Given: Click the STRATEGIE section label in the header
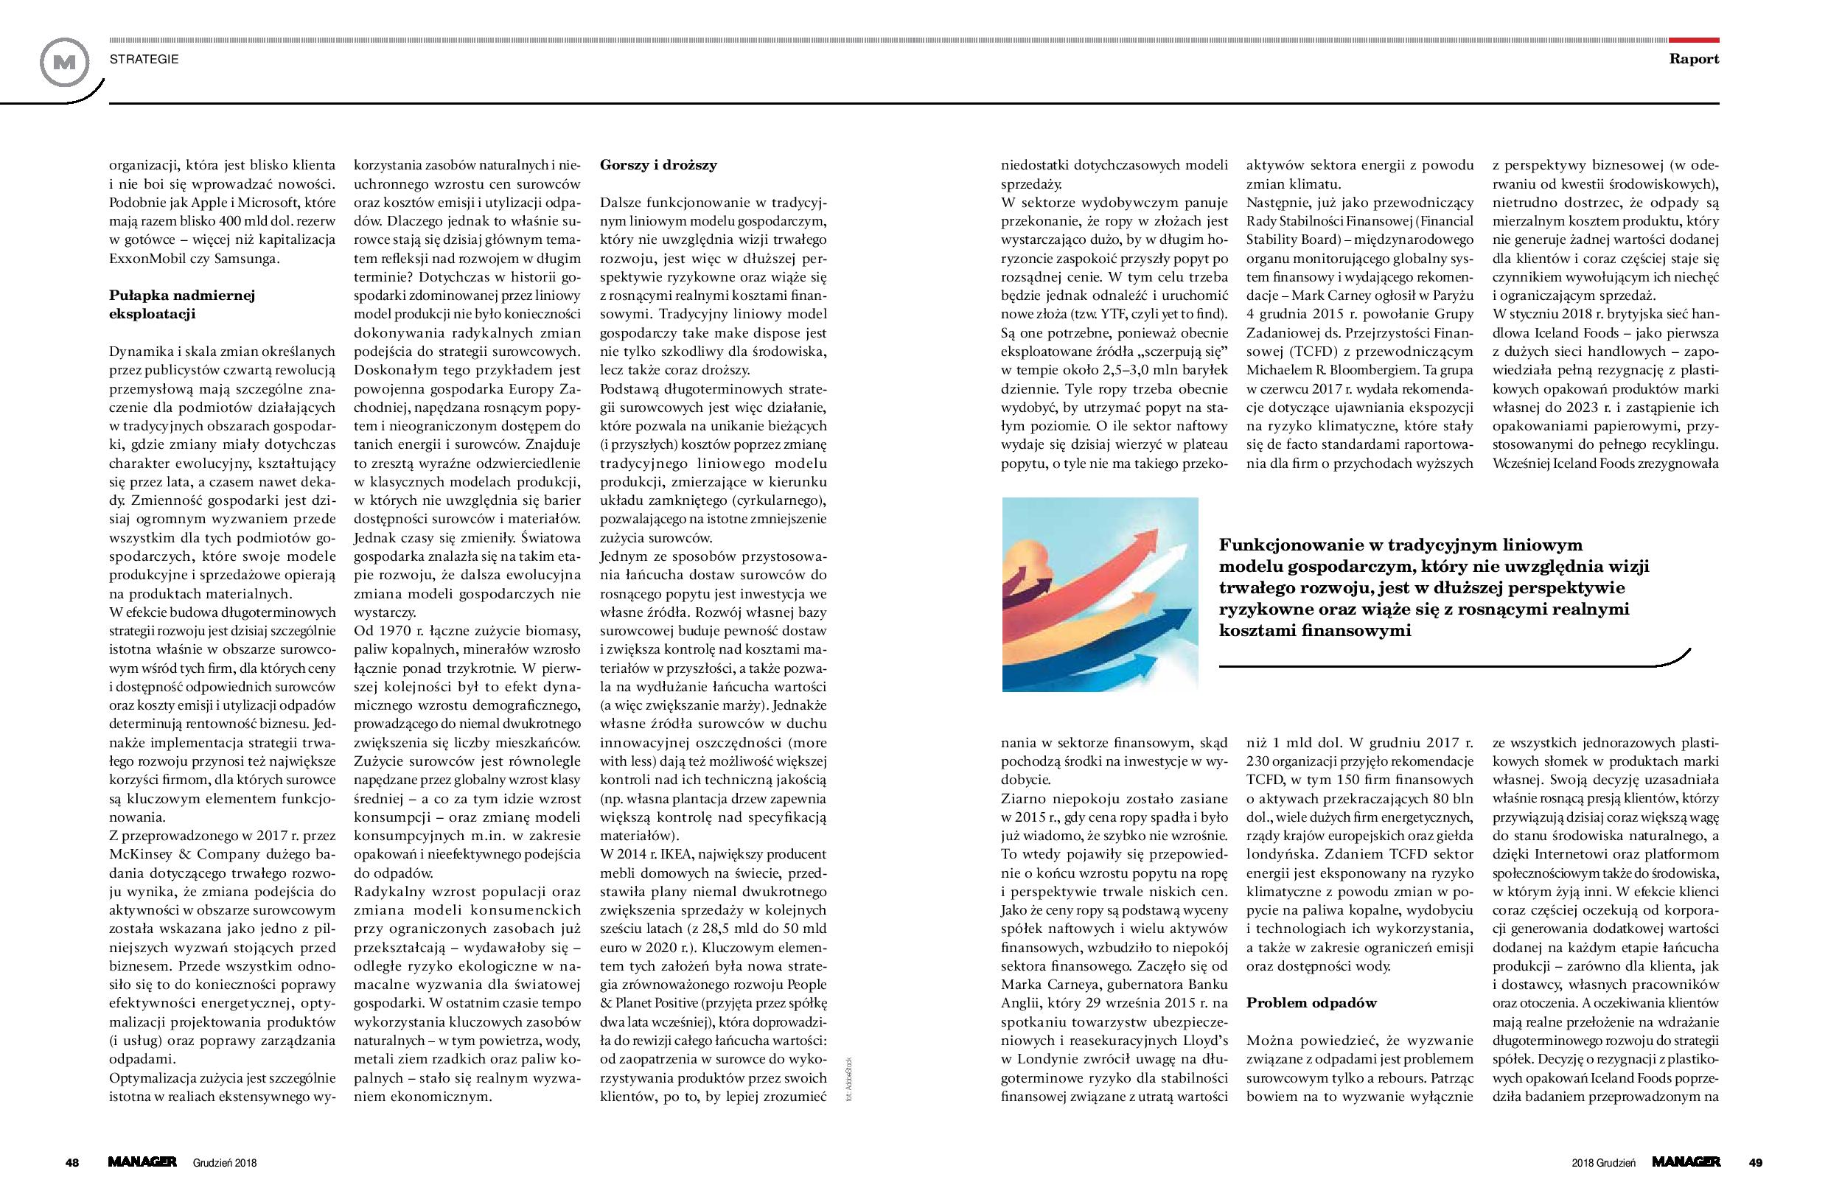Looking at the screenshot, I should pyautogui.click(x=144, y=59).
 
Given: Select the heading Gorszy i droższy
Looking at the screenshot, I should pyautogui.click(x=658, y=164).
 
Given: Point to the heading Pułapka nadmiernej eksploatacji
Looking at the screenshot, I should pyautogui.click(x=181, y=304).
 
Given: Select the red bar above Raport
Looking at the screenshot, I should pyautogui.click(x=1695, y=39).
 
